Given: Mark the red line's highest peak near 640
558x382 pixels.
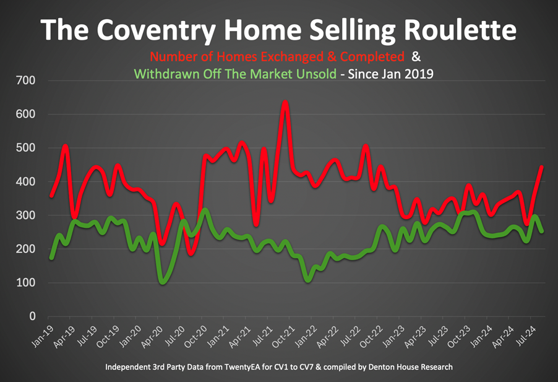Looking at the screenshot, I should click(285, 102).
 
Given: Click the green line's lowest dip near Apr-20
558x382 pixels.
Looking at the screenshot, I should click(163, 282).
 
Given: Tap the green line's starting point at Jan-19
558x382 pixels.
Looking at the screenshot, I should click(52, 258).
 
